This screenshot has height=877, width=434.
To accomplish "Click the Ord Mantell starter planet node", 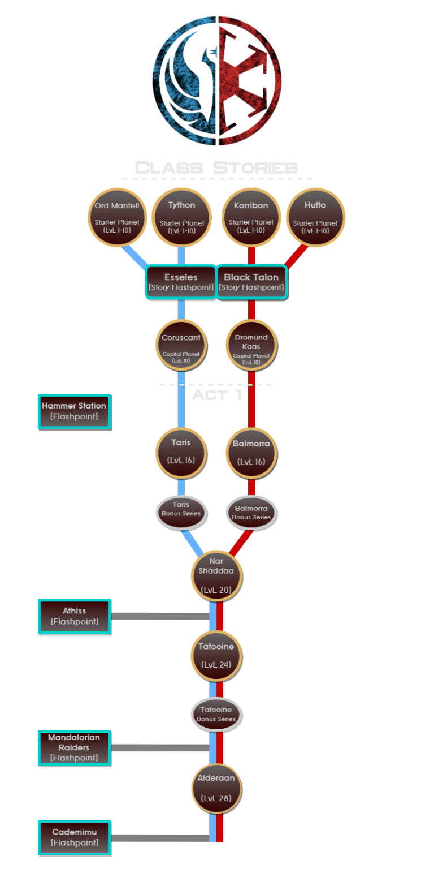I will pyautogui.click(x=118, y=217).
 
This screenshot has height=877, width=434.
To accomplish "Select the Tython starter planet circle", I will pyautogui.click(x=181, y=217).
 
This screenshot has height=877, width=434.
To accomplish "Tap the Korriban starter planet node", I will pyautogui.click(x=251, y=217).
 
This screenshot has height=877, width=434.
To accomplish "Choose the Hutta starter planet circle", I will pyautogui.click(x=315, y=217).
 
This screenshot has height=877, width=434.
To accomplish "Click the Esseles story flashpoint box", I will pyautogui.click(x=181, y=282).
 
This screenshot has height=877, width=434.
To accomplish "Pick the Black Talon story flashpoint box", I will pyautogui.click(x=251, y=282).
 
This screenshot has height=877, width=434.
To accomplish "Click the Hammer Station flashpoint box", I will pyautogui.click(x=74, y=411).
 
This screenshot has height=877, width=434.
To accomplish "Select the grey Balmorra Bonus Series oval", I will pyautogui.click(x=251, y=512).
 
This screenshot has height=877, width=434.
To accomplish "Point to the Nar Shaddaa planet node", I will pyautogui.click(x=217, y=575).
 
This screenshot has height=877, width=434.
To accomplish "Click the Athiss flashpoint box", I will pyautogui.click(x=75, y=616).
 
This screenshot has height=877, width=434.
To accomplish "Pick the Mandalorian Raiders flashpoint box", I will pyautogui.click(x=74, y=747).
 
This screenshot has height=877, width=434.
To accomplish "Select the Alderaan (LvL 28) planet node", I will pyautogui.click(x=217, y=788).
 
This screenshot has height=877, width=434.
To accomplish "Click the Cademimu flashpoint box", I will pyautogui.click(x=75, y=837).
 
